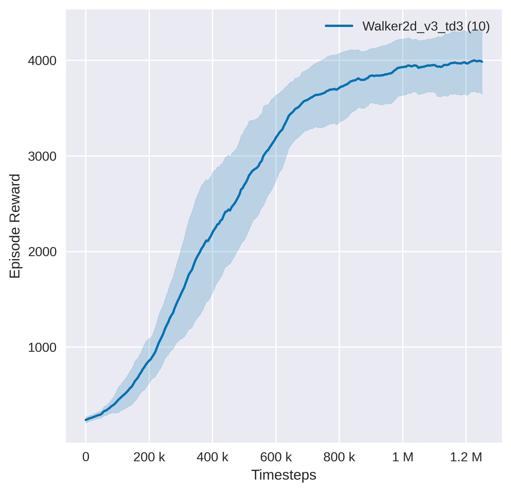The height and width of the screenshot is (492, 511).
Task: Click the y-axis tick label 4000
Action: click(x=42, y=61)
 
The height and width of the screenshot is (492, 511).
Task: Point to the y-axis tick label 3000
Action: click(x=42, y=157)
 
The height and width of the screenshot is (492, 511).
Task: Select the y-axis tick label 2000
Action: click(x=42, y=252)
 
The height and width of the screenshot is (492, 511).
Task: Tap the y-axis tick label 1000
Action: click(x=42, y=348)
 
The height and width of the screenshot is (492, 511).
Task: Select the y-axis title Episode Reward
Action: click(x=15, y=226)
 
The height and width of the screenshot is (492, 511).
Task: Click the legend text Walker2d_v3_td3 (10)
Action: click(x=426, y=26)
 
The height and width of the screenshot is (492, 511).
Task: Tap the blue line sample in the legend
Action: click(x=339, y=26)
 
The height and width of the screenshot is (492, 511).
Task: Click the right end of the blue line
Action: click(x=482, y=62)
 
